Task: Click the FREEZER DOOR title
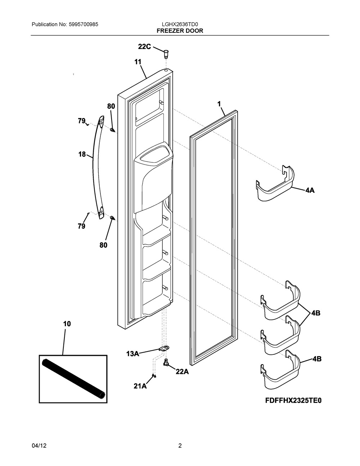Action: point(180,31)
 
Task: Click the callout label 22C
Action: point(145,46)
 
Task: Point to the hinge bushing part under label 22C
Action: point(166,54)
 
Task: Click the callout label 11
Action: point(138,62)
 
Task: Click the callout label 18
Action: point(82,154)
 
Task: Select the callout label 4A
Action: point(310,190)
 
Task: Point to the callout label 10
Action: point(67,324)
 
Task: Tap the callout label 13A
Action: point(132,354)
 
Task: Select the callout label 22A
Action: point(182,372)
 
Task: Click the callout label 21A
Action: point(140,386)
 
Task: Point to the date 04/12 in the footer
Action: point(39,446)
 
